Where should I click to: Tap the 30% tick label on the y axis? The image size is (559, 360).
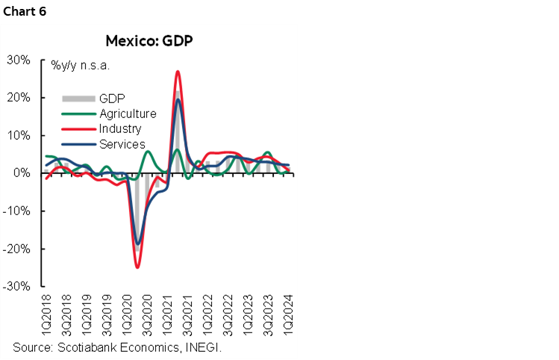coord(18,60)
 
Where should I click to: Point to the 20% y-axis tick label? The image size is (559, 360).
coord(18,98)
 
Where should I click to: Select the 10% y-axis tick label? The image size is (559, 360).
coord(18,136)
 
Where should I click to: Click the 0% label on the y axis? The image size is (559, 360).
coord(21,173)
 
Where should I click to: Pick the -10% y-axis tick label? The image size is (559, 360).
coord(16,211)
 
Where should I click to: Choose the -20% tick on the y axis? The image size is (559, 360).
coord(16,249)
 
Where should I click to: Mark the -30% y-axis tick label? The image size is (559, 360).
coord(16,287)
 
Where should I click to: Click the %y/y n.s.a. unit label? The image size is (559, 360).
coord(81,66)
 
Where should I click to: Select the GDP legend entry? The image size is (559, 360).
coord(112,99)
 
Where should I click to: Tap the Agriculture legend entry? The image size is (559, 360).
coord(128,114)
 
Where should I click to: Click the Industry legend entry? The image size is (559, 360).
coord(120,129)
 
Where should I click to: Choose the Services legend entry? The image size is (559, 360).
coord(122,144)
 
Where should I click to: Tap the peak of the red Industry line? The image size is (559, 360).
coord(178,72)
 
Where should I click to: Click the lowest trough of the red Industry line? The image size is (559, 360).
coord(137,267)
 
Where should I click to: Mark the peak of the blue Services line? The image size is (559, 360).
coord(178,100)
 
